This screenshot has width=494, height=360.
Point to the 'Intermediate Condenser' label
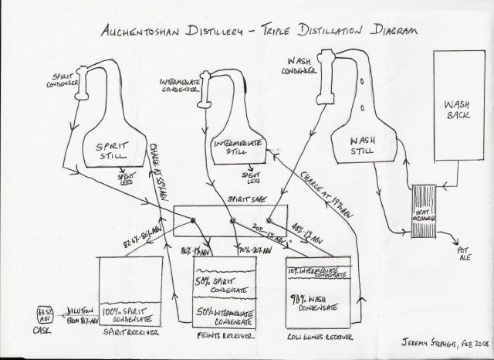181,83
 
